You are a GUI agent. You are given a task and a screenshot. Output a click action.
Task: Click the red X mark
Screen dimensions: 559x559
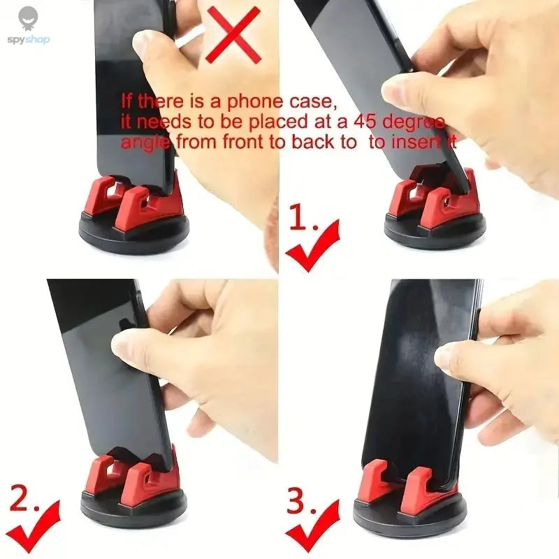click(233, 35)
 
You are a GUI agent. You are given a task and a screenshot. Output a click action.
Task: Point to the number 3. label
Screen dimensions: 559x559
click(303, 501)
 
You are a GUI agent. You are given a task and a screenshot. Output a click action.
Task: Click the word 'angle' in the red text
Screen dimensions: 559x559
click(143, 143)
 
